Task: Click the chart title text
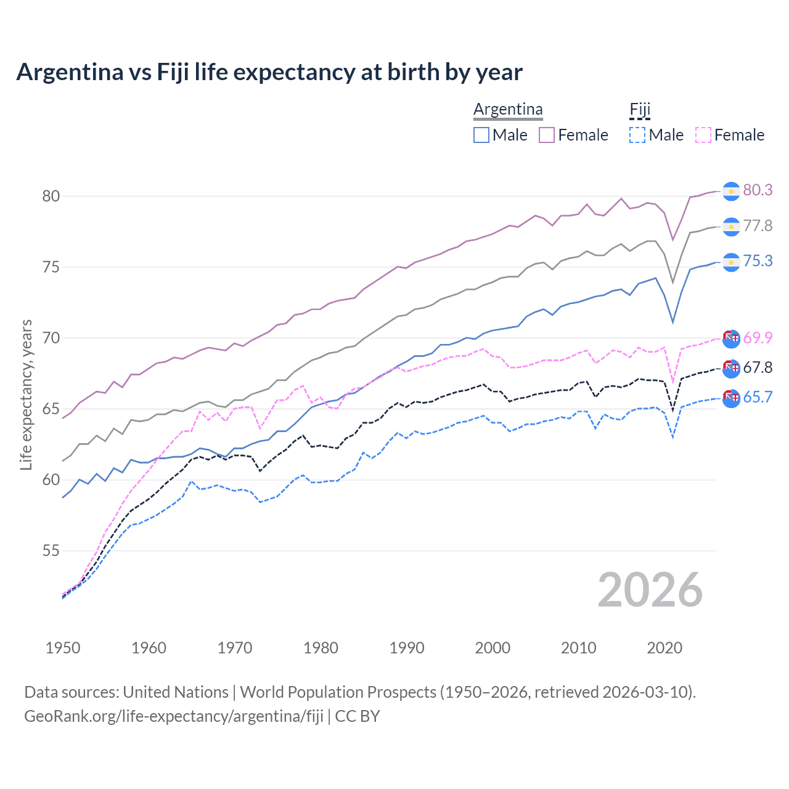tap(269, 72)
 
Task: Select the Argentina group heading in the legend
tap(508, 110)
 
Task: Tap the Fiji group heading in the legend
tap(640, 110)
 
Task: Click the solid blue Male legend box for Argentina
tap(481, 135)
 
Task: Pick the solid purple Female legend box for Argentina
tap(547, 135)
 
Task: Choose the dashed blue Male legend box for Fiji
tap(637, 135)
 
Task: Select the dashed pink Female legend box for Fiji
tap(703, 135)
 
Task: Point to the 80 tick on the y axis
tap(51, 196)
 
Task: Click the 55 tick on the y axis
tap(51, 550)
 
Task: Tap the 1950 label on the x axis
tap(63, 648)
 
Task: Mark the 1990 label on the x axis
tap(407, 648)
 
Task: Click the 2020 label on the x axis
tap(664, 648)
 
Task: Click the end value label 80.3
tap(758, 190)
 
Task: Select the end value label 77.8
tap(758, 226)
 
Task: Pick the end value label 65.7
tap(758, 397)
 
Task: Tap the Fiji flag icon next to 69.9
tap(731, 338)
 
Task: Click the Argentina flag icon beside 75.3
tap(731, 262)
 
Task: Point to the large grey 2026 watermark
tap(650, 590)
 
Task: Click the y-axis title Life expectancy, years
tap(26, 394)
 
